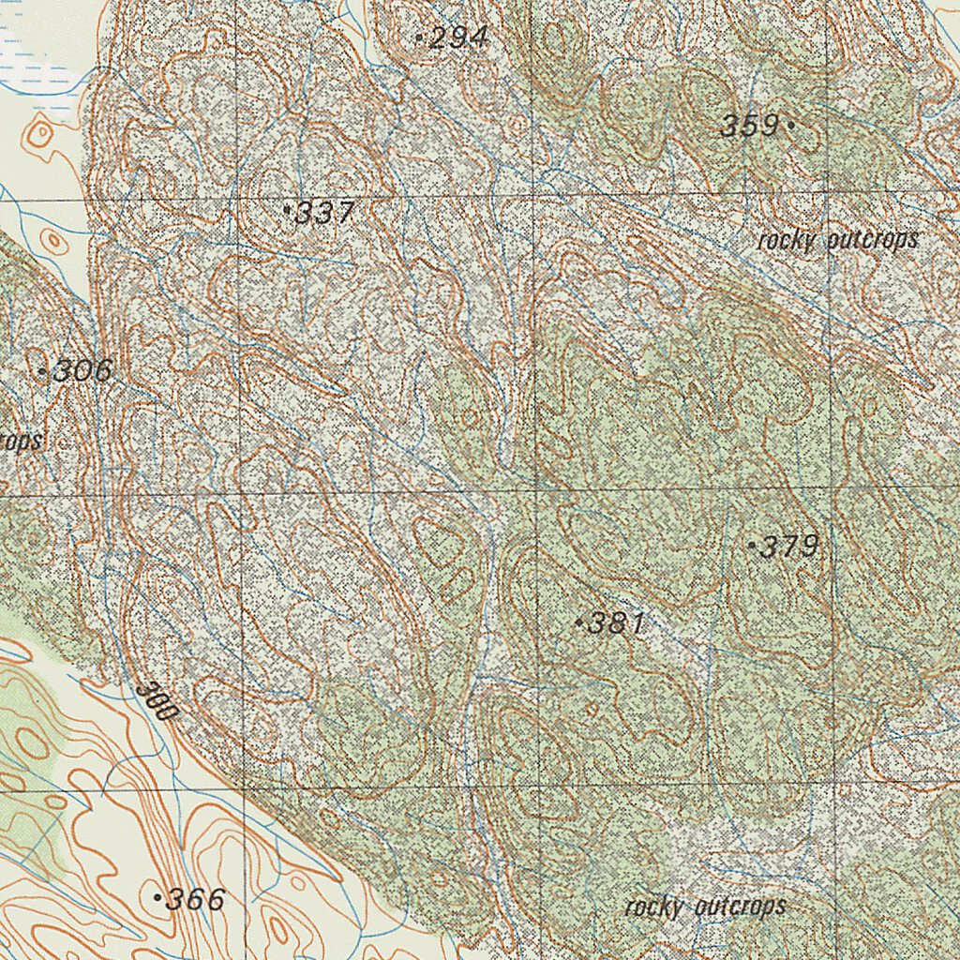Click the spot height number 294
click(460, 37)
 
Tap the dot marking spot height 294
click(418, 37)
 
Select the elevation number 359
click(750, 125)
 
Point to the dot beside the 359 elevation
click(792, 124)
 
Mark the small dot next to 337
click(287, 210)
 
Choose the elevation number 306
click(82, 371)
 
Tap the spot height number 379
click(790, 547)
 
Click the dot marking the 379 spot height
click(752, 545)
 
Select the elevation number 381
click(616, 623)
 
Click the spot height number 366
click(195, 900)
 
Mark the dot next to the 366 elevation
click(157, 898)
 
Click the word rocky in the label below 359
click(786, 241)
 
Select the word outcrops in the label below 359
click(873, 241)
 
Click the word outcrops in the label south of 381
click(741, 907)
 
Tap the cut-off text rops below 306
click(21, 441)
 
